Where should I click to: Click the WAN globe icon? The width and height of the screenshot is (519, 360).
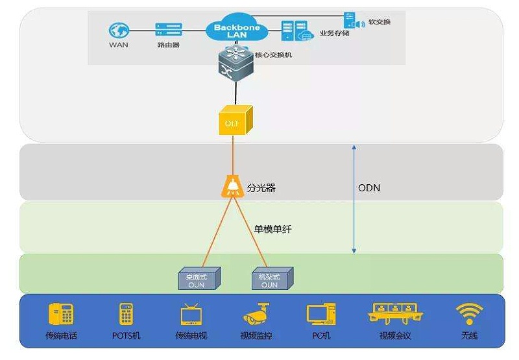point(119,30)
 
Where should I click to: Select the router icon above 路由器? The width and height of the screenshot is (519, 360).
point(168,30)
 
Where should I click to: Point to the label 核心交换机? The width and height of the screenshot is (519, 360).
point(278,55)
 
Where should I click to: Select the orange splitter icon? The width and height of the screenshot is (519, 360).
point(232,187)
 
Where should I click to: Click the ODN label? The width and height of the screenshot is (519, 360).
point(368,188)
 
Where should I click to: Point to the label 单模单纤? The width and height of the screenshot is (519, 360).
point(272,229)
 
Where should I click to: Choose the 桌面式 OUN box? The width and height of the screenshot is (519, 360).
point(199,280)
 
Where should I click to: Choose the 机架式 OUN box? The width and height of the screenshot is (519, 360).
point(271,280)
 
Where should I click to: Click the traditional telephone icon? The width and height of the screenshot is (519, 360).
point(61,314)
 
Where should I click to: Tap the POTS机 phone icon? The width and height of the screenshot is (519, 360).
point(126,314)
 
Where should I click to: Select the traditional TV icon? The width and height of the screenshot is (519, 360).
point(191,314)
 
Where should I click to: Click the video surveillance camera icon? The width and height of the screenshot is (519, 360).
point(256,314)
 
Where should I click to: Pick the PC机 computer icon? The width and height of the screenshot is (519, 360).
point(320,314)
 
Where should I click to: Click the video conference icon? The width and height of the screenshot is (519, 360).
point(394,313)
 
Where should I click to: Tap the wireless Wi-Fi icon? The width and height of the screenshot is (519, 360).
point(469,314)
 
